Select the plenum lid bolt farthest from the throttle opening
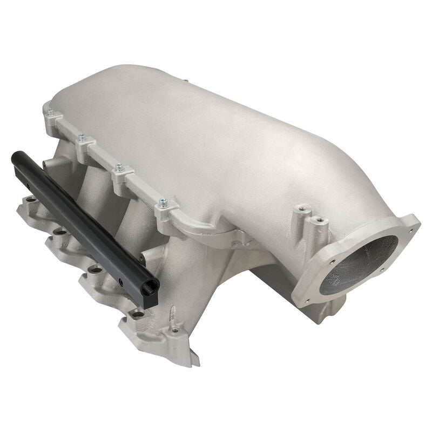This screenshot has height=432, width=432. (50, 113)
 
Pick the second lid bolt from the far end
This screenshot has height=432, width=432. (82, 138)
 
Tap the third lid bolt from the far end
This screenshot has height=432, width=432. (118, 168)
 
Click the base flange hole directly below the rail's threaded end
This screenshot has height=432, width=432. (138, 313)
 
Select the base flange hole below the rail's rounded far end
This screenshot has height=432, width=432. (31, 199)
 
